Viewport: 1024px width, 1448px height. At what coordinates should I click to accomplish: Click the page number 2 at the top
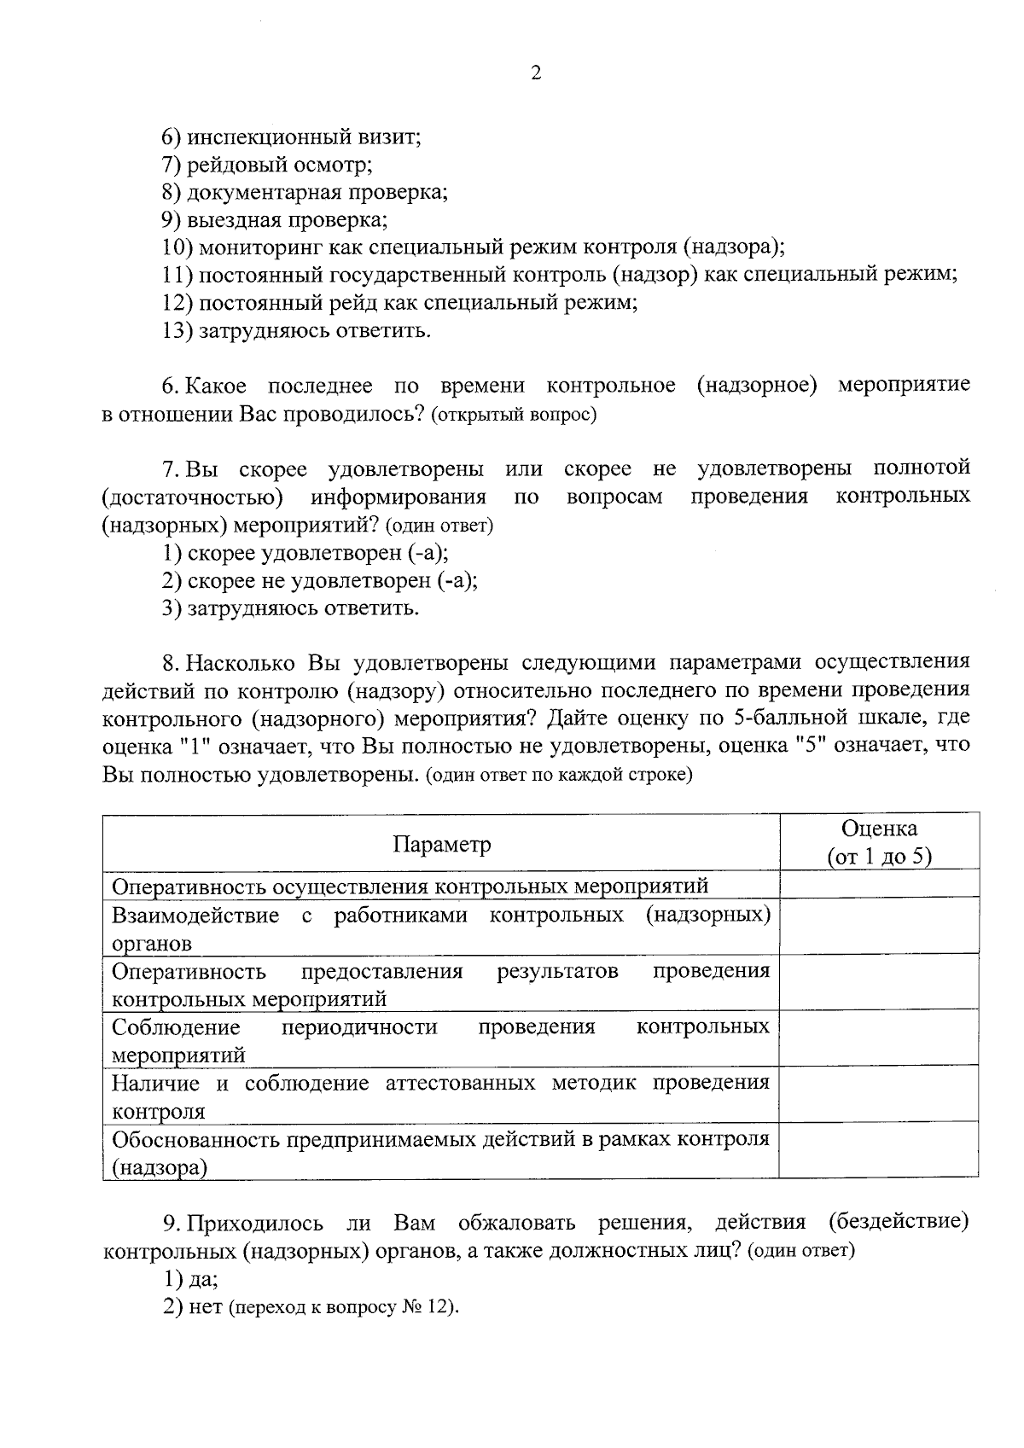pos(535,73)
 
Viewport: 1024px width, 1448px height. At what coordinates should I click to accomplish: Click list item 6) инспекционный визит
pos(292,137)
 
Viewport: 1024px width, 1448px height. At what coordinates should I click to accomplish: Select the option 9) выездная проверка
pos(275,219)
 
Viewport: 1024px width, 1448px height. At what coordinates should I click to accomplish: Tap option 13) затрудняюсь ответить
pos(296,330)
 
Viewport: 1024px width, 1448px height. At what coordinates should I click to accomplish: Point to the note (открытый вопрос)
pos(514,416)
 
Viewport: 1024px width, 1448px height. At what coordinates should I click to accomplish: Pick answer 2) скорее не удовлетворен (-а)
pos(320,581)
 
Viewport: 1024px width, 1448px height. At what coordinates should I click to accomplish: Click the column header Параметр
pos(441,845)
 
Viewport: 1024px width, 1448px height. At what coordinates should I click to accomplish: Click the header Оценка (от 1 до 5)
pos(879,842)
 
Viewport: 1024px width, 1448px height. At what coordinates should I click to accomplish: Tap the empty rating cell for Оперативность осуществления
pos(879,885)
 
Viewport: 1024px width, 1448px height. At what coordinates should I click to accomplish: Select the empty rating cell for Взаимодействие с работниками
pos(879,927)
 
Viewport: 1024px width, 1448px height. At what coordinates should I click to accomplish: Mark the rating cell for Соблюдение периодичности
pos(879,1038)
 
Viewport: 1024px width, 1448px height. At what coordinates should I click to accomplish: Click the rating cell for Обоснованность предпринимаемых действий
pos(879,1150)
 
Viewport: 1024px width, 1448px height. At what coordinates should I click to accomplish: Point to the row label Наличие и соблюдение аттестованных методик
pos(440,1096)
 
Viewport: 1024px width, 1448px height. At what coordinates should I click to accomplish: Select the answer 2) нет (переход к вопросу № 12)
pos(311,1308)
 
